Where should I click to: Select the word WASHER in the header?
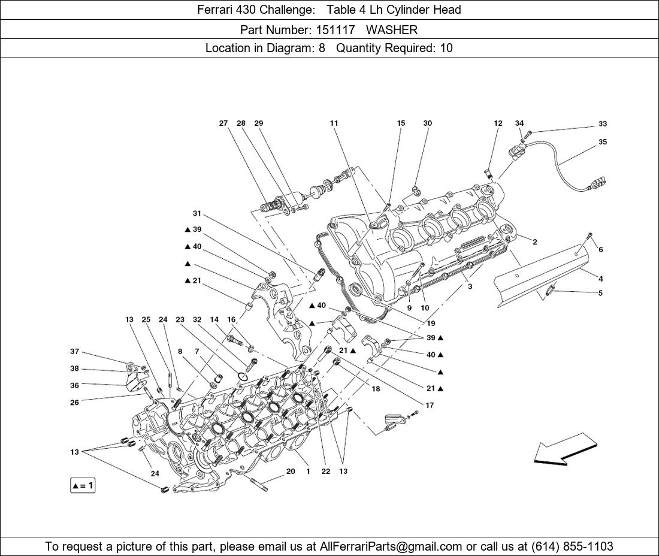392,30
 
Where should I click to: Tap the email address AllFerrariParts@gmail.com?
391,546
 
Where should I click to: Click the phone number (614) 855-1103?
572,546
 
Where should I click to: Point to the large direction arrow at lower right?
566,448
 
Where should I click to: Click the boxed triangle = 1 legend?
83,486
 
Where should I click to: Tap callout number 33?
603,124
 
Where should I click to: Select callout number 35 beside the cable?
603,142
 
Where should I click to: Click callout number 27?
223,123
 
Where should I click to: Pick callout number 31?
197,213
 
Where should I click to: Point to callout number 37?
74,351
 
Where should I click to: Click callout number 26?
74,403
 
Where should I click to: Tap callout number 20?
291,471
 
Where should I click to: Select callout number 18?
376,389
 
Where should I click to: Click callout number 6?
600,250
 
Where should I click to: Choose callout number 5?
600,293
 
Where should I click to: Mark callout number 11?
334,123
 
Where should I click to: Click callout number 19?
431,324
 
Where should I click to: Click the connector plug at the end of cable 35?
599,184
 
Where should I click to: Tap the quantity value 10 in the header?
446,48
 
